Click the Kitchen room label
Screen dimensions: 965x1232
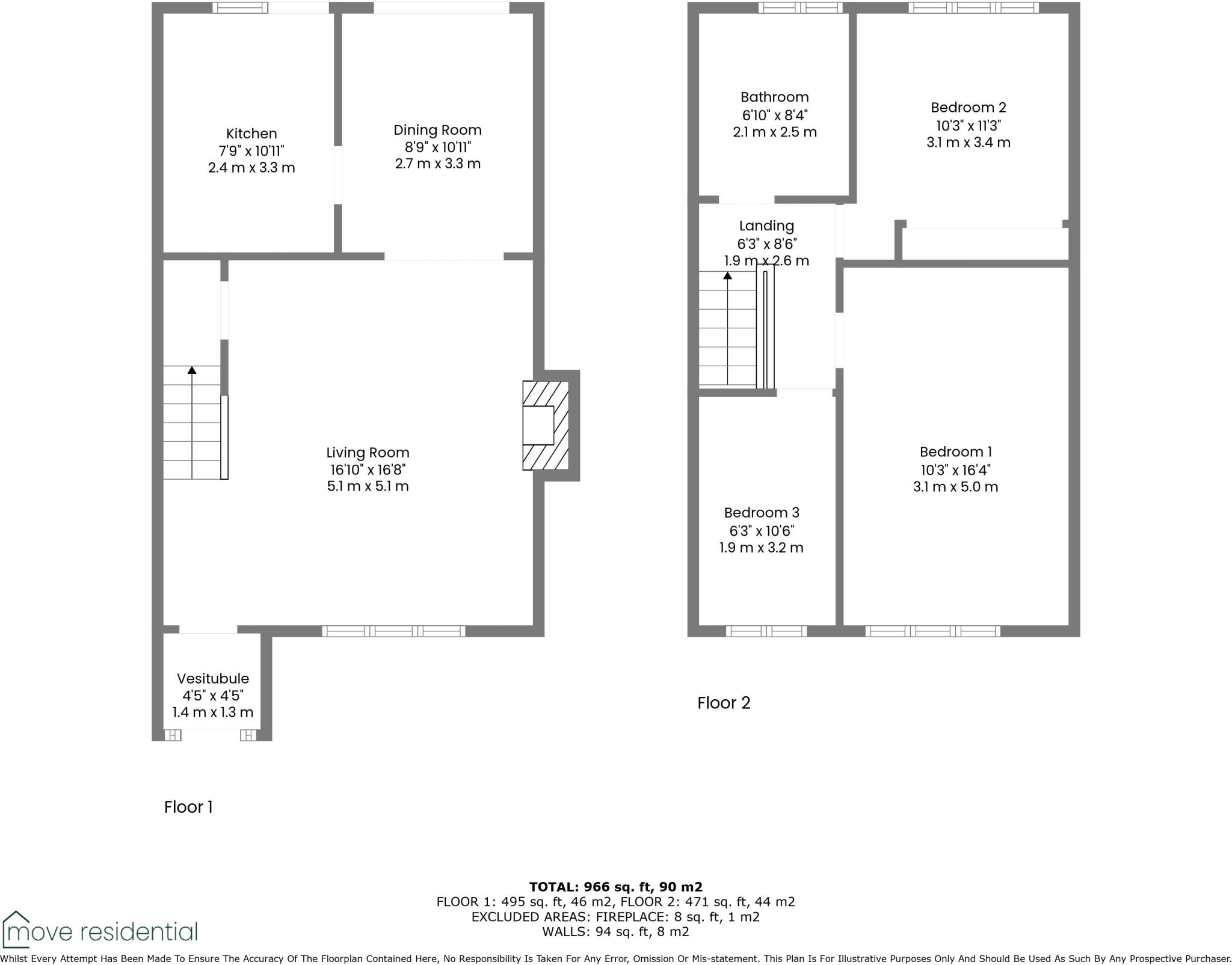(251, 133)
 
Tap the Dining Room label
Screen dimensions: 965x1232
(437, 130)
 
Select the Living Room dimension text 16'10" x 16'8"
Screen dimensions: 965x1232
(368, 470)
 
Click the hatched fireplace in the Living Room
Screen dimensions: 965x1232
(546, 425)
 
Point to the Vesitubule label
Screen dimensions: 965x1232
(212, 678)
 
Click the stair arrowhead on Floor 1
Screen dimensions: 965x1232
(192, 370)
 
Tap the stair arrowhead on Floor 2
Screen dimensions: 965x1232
(728, 275)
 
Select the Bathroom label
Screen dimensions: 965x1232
(774, 97)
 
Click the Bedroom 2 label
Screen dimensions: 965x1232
(968, 108)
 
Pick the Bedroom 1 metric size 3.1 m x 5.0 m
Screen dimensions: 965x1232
(955, 487)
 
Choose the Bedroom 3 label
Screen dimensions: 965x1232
(761, 513)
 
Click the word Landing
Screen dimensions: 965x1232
(766, 226)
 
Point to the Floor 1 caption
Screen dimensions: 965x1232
(188, 807)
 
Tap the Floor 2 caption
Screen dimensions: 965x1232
(724, 703)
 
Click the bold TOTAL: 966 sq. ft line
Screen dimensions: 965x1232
(615, 887)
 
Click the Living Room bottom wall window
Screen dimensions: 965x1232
(393, 631)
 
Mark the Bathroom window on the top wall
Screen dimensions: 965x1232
(799, 8)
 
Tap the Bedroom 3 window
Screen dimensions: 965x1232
(766, 631)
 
